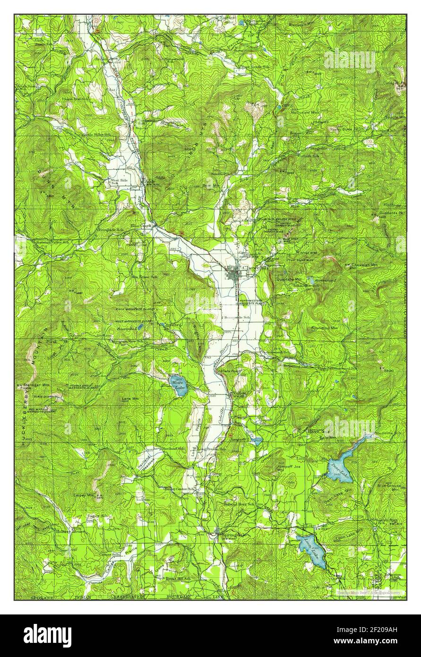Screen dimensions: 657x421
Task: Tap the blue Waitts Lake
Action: coord(179,385)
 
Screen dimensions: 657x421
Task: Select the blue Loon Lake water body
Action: coord(312,551)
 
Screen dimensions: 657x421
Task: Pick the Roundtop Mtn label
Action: coord(325,328)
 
